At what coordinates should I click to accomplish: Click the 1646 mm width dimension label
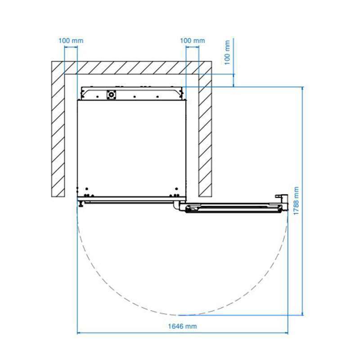click(183, 326)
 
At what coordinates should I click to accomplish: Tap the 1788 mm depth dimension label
click(296, 201)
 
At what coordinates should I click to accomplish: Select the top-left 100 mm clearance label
click(71, 40)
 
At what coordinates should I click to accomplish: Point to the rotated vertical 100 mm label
click(227, 53)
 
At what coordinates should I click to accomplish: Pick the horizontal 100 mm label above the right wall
click(193, 40)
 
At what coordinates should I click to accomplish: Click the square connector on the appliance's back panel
click(111, 94)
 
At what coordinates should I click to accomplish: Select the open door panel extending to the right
click(233, 208)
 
